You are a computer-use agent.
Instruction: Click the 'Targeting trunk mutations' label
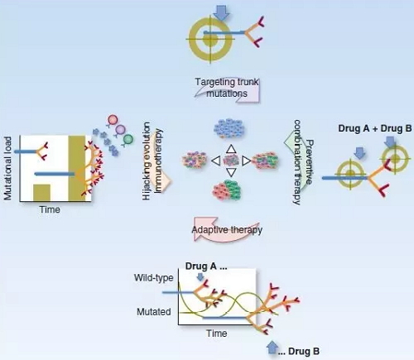[x=227, y=88]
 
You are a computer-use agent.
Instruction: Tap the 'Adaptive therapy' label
[x=227, y=230]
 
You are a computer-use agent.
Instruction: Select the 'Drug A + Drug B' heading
[x=375, y=128]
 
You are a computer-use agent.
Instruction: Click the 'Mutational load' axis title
[x=7, y=168]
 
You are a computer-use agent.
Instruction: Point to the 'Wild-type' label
[x=154, y=277]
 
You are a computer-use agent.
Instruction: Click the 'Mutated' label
[x=154, y=312]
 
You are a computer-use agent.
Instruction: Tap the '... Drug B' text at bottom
[x=298, y=351]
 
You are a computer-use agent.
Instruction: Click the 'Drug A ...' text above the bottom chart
[x=206, y=266]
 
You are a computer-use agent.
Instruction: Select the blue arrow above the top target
[x=221, y=12]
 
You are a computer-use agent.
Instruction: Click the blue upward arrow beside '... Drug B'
[x=272, y=347]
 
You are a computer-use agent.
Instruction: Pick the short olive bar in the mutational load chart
[x=41, y=192]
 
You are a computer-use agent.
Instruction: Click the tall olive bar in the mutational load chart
[x=77, y=168]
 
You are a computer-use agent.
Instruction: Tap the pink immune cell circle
[x=113, y=120]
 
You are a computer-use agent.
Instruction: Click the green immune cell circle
[x=128, y=139]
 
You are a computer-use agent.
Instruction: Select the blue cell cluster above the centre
[x=229, y=128]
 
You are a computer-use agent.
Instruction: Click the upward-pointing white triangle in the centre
[x=231, y=149]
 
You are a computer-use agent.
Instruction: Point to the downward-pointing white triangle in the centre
[x=231, y=172]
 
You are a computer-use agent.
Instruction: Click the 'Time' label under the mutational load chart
[x=50, y=209]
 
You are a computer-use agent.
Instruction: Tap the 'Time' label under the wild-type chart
[x=217, y=334]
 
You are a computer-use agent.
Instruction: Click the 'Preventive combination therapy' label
[x=303, y=162]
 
